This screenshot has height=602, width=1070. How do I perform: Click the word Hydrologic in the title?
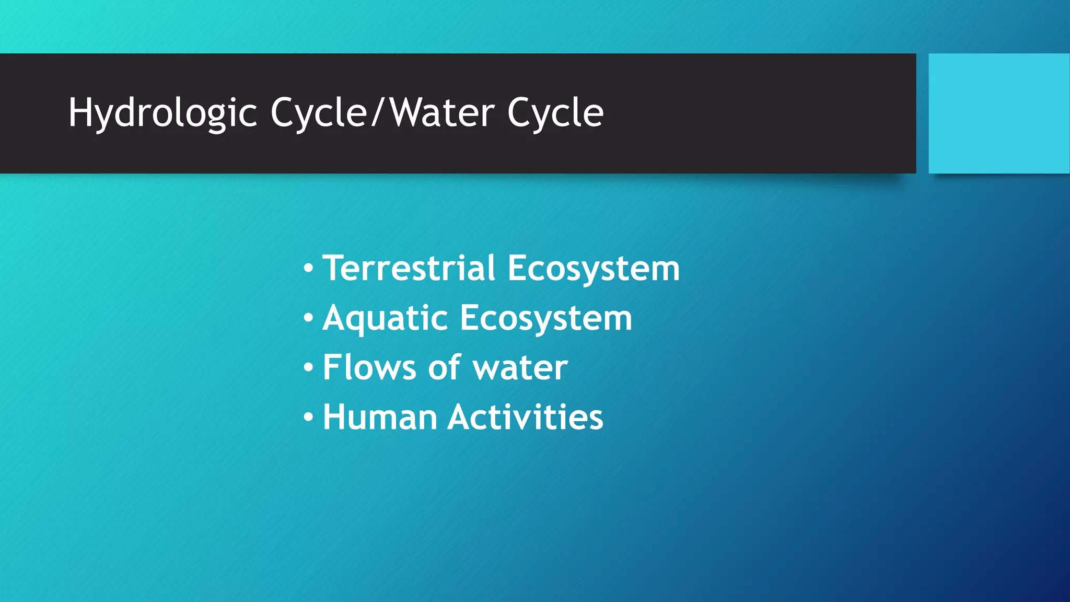click(x=162, y=113)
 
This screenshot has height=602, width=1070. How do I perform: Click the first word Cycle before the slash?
click(x=318, y=113)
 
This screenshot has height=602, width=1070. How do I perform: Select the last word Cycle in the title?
click(x=555, y=113)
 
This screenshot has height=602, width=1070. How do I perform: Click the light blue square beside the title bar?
click(x=998, y=113)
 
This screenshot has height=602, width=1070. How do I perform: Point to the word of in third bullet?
click(x=444, y=367)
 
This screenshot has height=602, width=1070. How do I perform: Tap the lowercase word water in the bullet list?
click(x=520, y=368)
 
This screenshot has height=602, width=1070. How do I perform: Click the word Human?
click(x=380, y=417)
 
